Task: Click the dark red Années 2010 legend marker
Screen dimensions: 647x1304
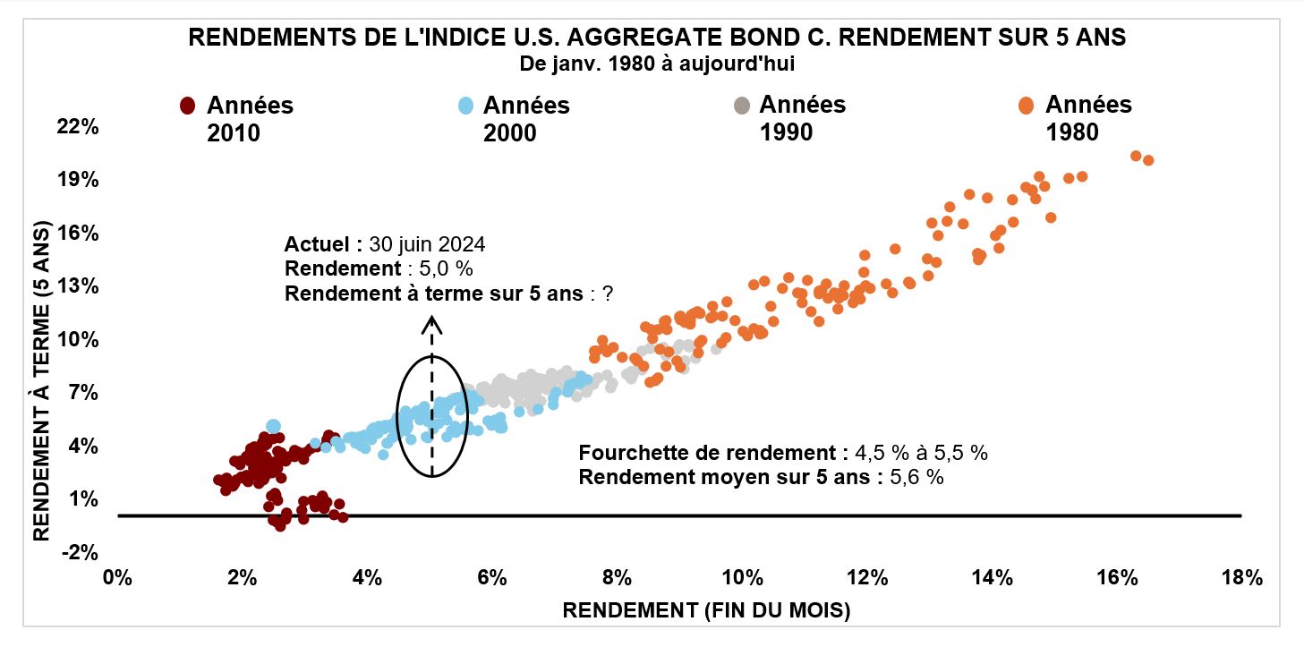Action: [187, 106]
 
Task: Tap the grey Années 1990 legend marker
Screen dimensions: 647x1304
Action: [740, 106]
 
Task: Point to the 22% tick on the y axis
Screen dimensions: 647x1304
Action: [78, 127]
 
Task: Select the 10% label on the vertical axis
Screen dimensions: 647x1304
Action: [78, 339]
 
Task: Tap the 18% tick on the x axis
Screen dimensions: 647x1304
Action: [1240, 577]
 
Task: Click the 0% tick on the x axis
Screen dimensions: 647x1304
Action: [117, 577]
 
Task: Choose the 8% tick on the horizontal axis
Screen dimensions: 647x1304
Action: [617, 577]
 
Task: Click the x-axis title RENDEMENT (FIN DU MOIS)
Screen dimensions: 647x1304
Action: [705, 611]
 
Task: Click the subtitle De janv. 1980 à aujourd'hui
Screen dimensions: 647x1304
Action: [657, 64]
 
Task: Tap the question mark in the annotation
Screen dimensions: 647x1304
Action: [607, 294]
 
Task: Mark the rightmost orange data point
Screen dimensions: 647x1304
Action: [1148, 160]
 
